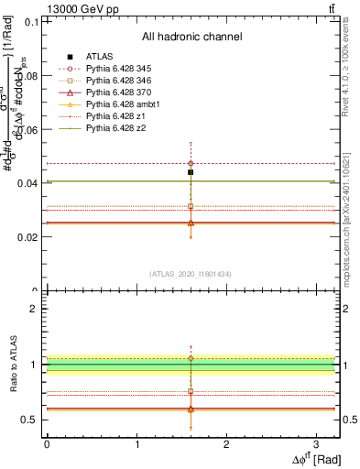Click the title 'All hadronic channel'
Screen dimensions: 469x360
(x=191, y=38)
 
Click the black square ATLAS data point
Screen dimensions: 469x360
(x=191, y=172)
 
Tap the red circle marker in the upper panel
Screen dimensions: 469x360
(x=191, y=163)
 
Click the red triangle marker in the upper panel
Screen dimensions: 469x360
(x=191, y=223)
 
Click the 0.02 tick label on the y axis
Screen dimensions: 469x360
(x=30, y=237)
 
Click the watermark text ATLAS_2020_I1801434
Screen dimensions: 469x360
(x=190, y=274)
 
